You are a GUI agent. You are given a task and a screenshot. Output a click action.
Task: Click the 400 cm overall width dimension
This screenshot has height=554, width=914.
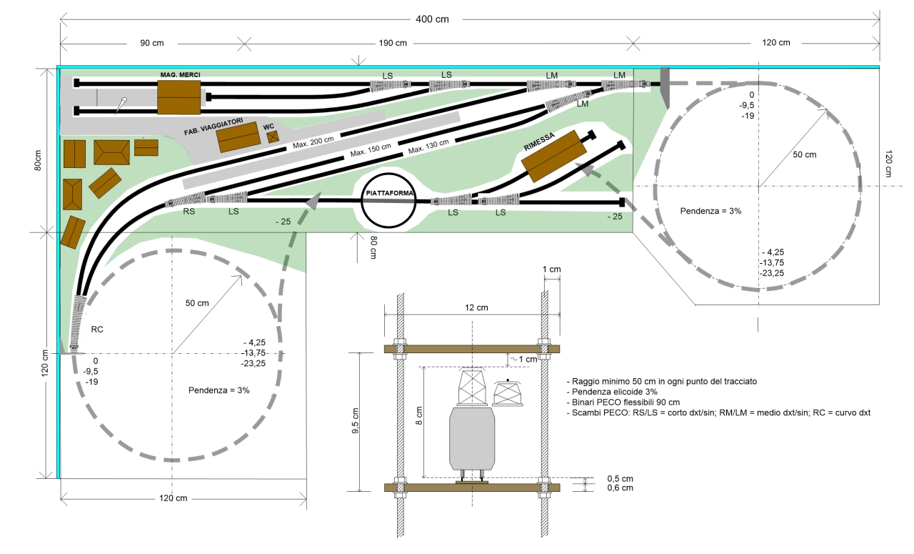click(x=432, y=19)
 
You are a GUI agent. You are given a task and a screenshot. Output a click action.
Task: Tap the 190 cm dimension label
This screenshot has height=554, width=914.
click(x=393, y=43)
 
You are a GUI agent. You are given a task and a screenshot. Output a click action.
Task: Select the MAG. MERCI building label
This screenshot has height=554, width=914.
click(x=180, y=75)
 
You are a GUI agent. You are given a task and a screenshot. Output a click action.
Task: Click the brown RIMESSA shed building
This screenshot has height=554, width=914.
click(x=554, y=156)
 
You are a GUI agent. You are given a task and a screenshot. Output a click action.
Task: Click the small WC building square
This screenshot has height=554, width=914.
click(x=273, y=137)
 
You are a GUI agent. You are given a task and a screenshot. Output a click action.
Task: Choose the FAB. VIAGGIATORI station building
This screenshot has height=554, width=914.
click(x=238, y=137)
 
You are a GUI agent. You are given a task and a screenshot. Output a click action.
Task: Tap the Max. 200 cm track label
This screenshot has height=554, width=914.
click(x=313, y=142)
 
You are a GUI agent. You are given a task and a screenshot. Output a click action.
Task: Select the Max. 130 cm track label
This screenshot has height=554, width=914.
click(x=428, y=146)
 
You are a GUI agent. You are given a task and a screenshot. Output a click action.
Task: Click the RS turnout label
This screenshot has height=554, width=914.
click(x=189, y=211)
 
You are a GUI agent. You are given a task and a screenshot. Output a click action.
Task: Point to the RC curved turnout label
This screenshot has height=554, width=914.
click(x=96, y=330)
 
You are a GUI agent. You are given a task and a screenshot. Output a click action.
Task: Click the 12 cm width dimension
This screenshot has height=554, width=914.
click(x=476, y=307)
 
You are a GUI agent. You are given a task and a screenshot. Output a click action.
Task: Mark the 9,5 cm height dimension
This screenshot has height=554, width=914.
click(x=356, y=420)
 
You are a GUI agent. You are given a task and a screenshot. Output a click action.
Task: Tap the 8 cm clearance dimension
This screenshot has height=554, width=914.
click(x=419, y=415)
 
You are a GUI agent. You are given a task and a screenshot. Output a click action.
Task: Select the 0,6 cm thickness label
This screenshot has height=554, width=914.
click(x=620, y=488)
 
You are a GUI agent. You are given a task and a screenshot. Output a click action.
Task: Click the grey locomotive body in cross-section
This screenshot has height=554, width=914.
click(x=472, y=439)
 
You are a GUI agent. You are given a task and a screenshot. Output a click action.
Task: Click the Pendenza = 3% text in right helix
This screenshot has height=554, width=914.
click(x=710, y=211)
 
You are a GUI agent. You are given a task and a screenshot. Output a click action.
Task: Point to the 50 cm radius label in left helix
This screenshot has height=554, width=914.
click(x=196, y=303)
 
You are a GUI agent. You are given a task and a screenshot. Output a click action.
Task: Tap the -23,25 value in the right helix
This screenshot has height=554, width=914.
click(x=772, y=273)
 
